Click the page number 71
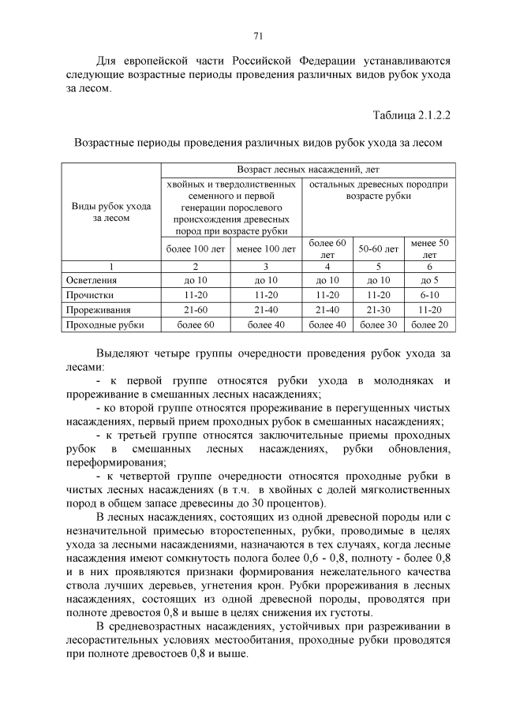257,36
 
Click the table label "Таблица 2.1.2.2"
411,116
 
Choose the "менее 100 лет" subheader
267,249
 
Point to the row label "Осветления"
92,279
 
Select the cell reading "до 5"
430,279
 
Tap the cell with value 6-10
430,294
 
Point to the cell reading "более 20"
430,324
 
